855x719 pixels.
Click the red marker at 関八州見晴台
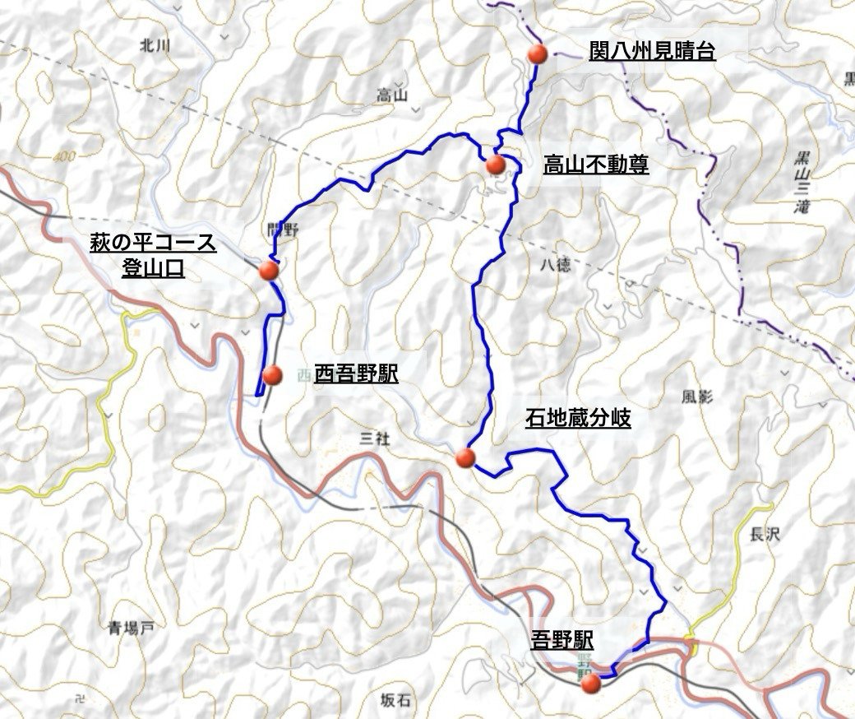coord(538,53)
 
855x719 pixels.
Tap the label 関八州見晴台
coord(652,52)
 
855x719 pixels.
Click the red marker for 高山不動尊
coord(495,165)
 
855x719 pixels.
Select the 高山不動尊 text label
coord(595,165)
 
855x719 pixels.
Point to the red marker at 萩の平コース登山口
coord(269,270)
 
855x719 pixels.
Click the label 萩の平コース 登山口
coord(153,255)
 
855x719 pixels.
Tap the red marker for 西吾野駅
coord(272,375)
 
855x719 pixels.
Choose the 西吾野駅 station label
coord(355,375)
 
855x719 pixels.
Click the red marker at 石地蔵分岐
coord(465,458)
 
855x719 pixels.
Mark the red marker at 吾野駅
coord(590,682)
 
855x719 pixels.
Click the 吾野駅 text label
coord(562,639)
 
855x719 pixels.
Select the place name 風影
coord(697,397)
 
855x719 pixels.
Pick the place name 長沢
coord(764,535)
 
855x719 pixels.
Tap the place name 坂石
coord(395,700)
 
